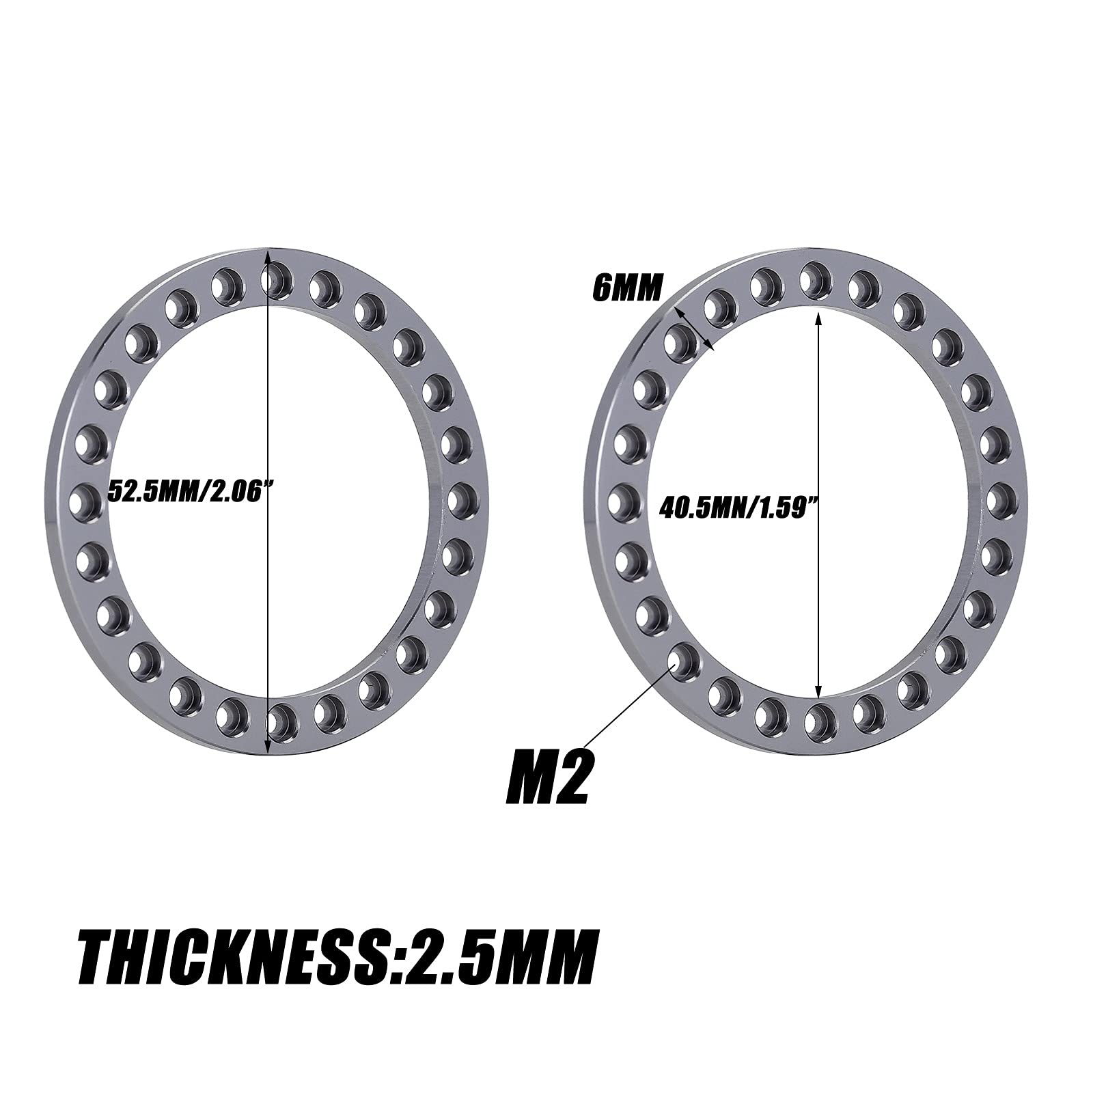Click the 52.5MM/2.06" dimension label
pyautogui.click(x=186, y=491)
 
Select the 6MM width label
pyautogui.click(x=627, y=288)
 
